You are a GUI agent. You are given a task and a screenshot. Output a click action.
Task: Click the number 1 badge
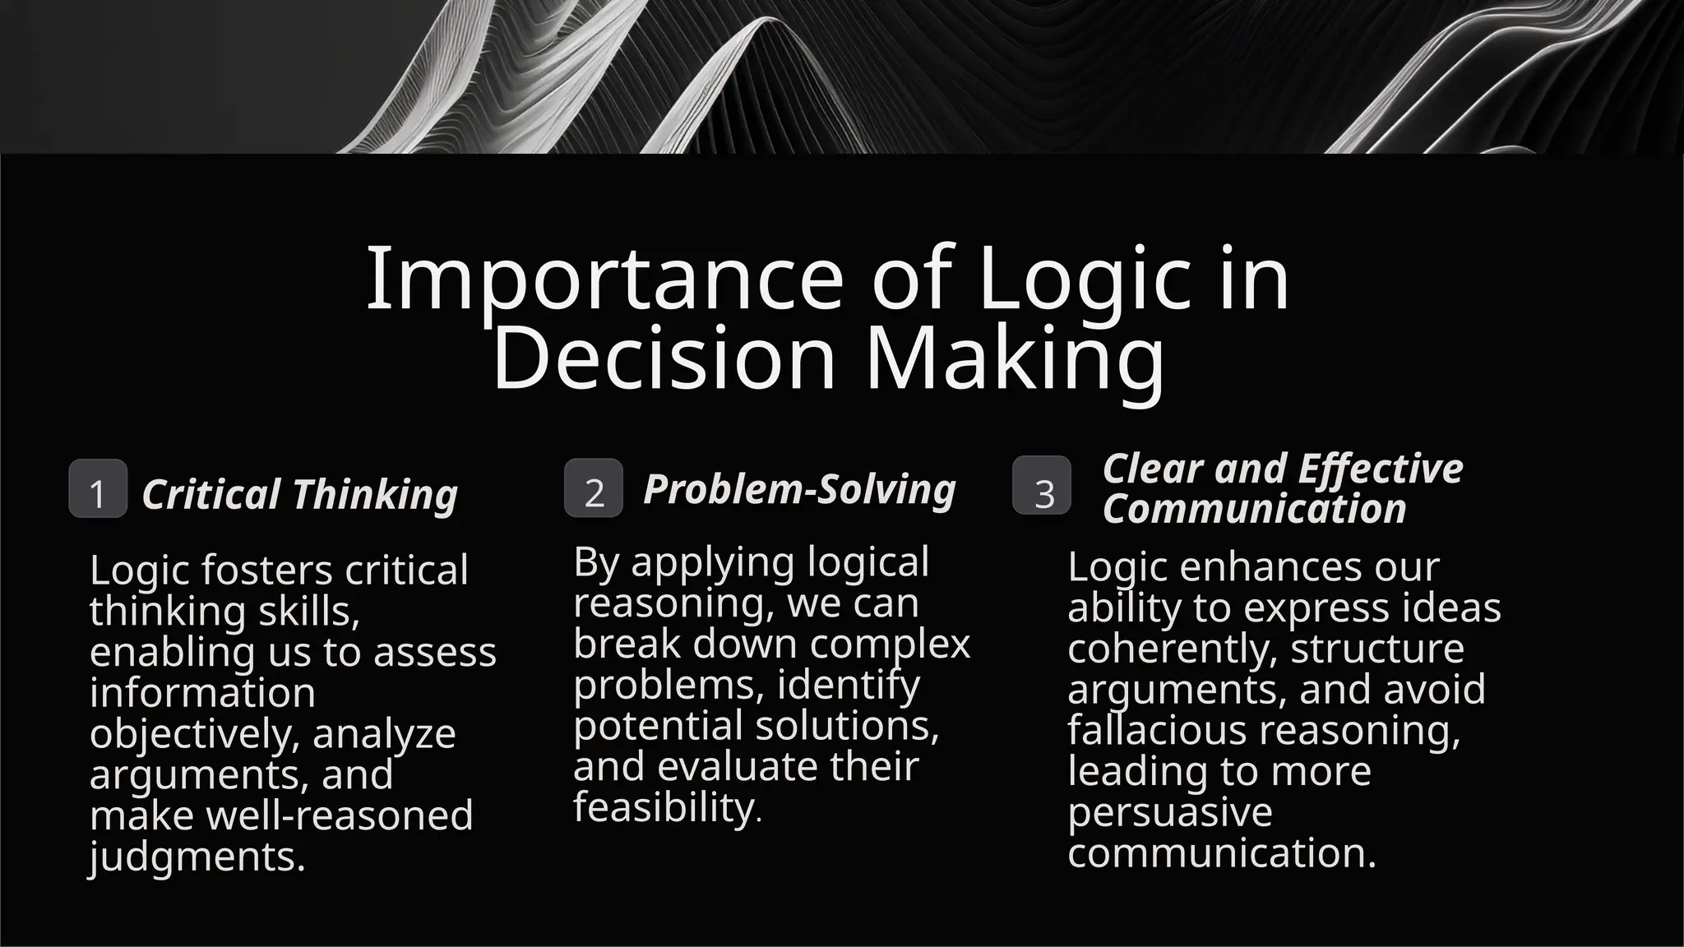point(98,489)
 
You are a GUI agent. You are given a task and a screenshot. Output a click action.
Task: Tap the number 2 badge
point(594,488)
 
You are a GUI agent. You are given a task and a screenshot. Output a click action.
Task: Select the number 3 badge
point(1042,486)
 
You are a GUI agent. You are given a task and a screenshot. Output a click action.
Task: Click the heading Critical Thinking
point(299,495)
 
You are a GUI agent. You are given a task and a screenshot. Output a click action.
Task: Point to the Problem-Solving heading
point(799,489)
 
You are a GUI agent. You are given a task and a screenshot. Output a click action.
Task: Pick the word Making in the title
point(1015,358)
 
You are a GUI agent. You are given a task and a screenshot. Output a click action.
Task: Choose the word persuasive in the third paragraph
point(1169,812)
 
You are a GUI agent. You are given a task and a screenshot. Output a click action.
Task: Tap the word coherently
point(1172,649)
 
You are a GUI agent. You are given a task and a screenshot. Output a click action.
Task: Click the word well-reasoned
point(339,815)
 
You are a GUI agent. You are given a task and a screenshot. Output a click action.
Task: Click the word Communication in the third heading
point(1254,509)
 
